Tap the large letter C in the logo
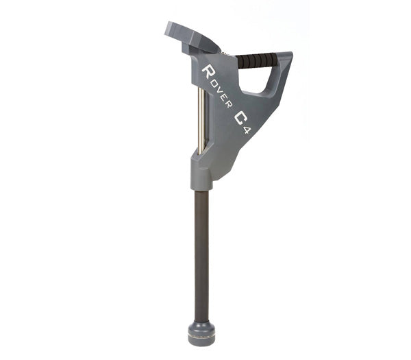pos(240,118)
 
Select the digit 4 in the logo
pos(247,130)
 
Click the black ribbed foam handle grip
pos(257,60)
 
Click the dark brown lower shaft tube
pos(201,256)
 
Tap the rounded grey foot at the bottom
pos(201,333)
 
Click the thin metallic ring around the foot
pos(201,335)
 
